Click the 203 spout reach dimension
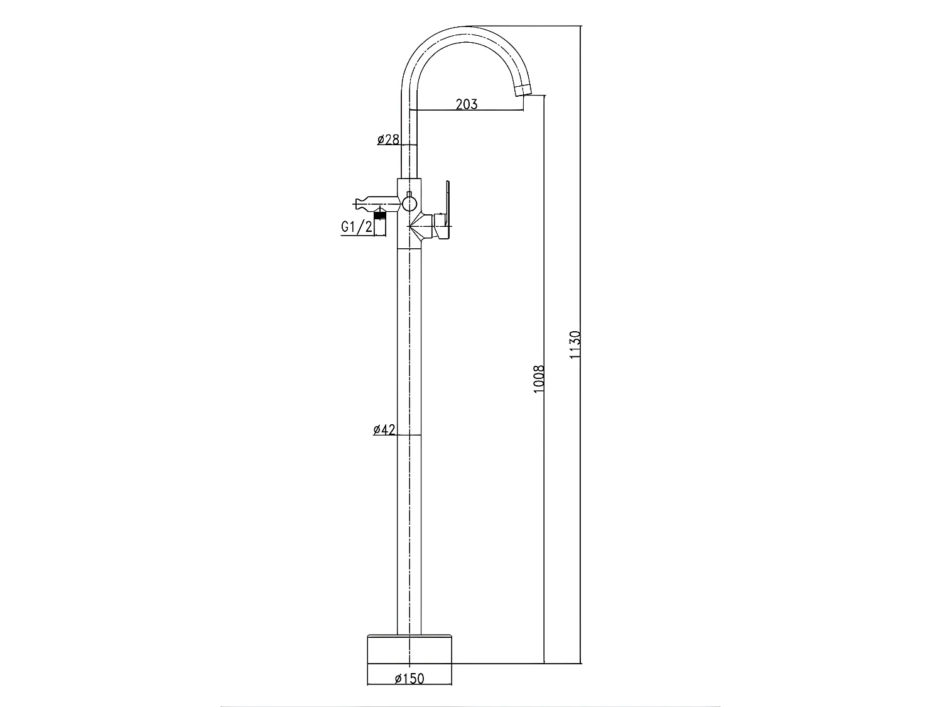point(466,104)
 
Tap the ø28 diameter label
point(387,140)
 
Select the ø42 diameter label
point(384,430)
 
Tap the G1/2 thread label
point(356,227)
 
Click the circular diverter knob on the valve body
point(409,203)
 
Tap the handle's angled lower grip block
point(443,232)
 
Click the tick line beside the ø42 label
point(409,436)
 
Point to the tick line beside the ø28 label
point(409,145)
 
